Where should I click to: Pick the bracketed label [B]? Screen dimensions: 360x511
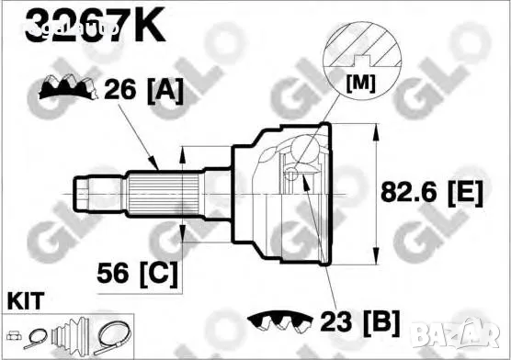[379, 322]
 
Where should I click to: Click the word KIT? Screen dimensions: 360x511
[25, 301]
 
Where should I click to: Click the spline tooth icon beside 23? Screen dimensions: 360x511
[279, 322]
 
